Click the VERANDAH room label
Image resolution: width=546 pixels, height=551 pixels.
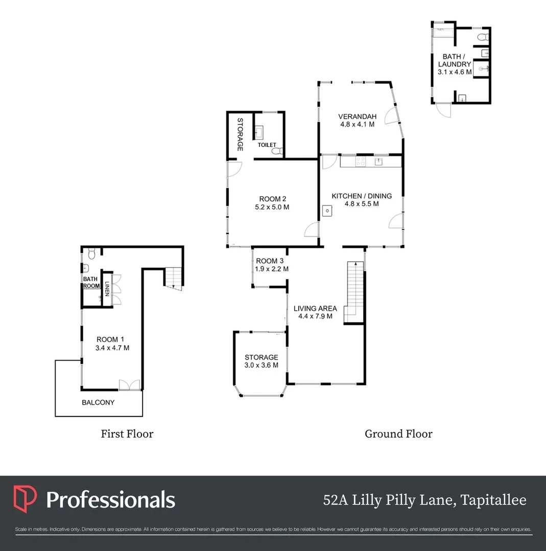(358, 116)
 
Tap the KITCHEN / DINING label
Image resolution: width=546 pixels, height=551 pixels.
(362, 196)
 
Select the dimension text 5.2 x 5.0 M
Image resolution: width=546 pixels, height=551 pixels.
(272, 207)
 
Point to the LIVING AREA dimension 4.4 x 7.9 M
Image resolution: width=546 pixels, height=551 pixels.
(315, 316)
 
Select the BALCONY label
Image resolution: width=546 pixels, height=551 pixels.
(98, 402)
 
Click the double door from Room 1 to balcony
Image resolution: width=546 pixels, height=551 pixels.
(129, 385)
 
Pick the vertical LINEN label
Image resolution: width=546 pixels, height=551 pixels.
(107, 288)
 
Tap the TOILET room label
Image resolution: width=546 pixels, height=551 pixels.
(267, 145)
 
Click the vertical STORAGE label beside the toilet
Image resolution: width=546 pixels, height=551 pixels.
(240, 134)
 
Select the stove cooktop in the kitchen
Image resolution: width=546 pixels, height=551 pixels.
(360, 161)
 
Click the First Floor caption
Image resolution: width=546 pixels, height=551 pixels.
(127, 434)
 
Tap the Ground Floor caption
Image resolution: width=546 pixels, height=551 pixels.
(398, 434)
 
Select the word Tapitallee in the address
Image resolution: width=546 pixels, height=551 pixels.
(493, 500)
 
